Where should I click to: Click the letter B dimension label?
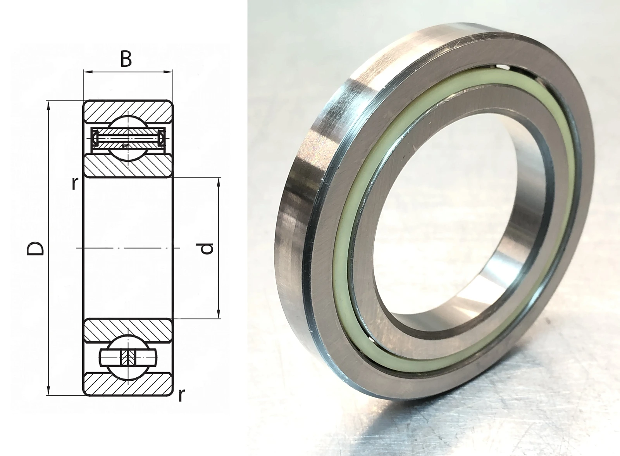(126, 59)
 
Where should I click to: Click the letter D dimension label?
(35, 248)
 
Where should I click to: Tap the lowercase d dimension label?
(207, 248)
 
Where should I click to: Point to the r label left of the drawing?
(74, 183)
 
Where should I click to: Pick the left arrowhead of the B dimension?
(88, 72)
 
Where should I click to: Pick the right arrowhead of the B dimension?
(169, 72)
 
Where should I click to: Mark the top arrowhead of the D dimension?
(49, 105)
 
